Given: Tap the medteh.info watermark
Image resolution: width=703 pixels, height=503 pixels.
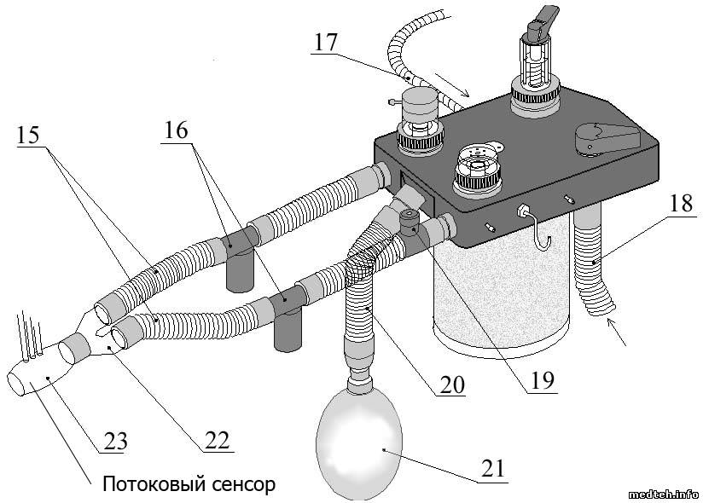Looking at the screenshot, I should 663,494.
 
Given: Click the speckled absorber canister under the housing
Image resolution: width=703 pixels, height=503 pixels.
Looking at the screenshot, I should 499,290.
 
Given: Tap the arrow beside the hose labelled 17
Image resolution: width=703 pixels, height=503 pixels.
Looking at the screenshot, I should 453,85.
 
